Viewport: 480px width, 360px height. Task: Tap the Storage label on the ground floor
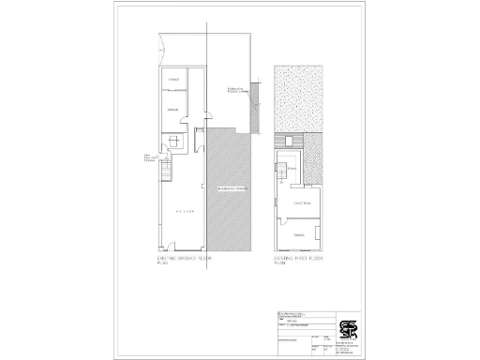(173, 110)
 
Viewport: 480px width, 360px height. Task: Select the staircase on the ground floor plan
(168, 172)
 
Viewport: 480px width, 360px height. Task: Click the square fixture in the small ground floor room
(173, 142)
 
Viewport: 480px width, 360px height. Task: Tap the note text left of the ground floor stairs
(149, 158)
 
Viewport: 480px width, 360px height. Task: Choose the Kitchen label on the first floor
(292, 169)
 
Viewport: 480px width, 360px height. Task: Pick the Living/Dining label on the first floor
(302, 202)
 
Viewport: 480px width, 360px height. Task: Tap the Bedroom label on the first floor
(299, 233)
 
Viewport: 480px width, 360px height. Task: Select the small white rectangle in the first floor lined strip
(289, 142)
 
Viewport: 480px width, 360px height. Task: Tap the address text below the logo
(349, 348)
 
